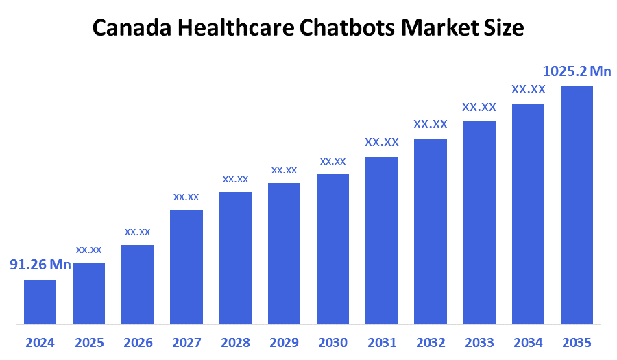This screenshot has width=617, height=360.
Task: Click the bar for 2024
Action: coord(40,302)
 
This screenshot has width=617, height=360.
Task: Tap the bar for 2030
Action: coord(332,248)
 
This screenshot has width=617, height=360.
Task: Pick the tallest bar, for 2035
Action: coord(577,204)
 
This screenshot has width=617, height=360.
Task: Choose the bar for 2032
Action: coord(431,231)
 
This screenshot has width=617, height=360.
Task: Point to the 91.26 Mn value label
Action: coord(40,265)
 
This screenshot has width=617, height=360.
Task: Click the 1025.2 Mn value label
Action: coord(577,71)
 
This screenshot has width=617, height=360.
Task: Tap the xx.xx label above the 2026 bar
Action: coord(137,232)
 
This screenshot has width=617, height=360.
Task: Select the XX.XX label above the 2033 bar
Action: coord(479,107)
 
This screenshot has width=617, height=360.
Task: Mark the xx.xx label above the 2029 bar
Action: coord(284,170)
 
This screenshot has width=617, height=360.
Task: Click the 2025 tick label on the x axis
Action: coord(89,342)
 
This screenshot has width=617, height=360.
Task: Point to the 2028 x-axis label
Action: coord(235,342)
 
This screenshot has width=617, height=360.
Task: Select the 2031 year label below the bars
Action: coord(381,342)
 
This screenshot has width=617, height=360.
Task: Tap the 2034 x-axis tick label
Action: coord(528,342)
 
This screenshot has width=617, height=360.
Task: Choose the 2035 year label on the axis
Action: coord(577,342)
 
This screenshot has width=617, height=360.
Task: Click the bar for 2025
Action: coord(89,293)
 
